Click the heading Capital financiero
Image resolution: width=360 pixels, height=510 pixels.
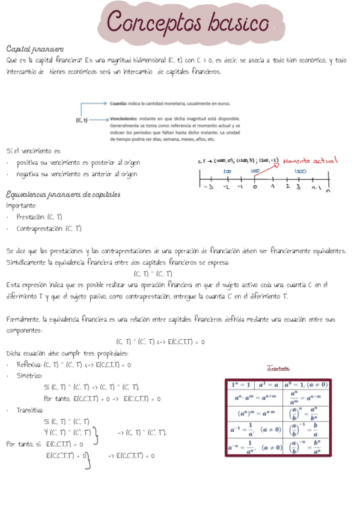(35, 48)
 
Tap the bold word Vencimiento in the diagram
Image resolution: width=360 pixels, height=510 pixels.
(123, 119)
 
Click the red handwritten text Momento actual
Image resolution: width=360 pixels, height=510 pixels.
(310, 161)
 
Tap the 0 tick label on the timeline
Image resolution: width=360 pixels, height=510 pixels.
(255, 186)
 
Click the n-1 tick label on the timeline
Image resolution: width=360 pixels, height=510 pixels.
(316, 187)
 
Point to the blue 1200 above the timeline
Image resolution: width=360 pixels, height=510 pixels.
(301, 171)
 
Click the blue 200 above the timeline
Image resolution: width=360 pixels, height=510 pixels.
(227, 171)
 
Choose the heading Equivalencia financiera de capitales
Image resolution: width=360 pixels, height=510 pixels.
(63, 194)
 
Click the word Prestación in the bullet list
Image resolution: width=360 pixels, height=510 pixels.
(30, 217)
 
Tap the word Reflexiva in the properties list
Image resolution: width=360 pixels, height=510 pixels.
(29, 364)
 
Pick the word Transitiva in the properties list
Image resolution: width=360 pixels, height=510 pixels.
(29, 410)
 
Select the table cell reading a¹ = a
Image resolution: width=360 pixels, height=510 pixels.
(266, 384)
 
